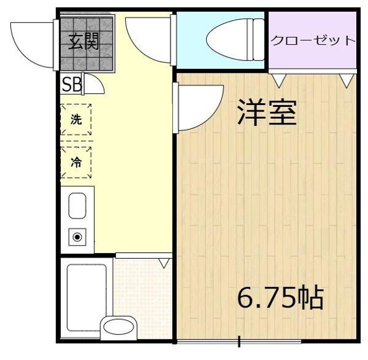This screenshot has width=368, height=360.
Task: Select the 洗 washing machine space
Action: click(x=76, y=119)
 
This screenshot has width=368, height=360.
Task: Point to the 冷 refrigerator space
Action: click(x=76, y=162)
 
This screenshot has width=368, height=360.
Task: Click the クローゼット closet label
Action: click(x=313, y=40)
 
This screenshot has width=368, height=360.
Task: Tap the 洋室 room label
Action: click(x=266, y=112)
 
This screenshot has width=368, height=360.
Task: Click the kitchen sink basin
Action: click(x=77, y=206)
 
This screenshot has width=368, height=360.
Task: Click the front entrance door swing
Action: click(x=32, y=42)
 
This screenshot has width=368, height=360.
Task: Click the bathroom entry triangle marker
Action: click(x=164, y=263)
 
